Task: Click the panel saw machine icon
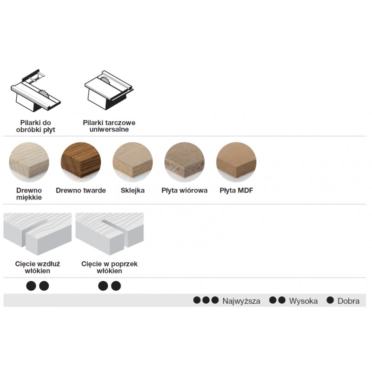click(36, 90)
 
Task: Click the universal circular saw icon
click(109, 90)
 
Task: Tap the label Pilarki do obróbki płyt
click(36, 126)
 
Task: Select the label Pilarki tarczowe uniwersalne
click(109, 126)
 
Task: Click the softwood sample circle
click(29, 162)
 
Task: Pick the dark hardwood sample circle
click(81, 162)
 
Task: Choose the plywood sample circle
click(133, 162)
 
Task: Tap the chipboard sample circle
click(184, 162)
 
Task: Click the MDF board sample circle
click(236, 162)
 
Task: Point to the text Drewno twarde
click(81, 191)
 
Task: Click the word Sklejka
click(133, 191)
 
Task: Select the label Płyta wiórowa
click(184, 191)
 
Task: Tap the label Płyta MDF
click(236, 191)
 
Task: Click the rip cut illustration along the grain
click(38, 234)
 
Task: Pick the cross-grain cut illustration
click(110, 234)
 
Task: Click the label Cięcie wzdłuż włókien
click(38, 267)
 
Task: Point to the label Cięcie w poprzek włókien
click(109, 267)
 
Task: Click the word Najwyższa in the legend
click(241, 301)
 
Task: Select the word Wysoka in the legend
click(303, 301)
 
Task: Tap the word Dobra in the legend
click(348, 301)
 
